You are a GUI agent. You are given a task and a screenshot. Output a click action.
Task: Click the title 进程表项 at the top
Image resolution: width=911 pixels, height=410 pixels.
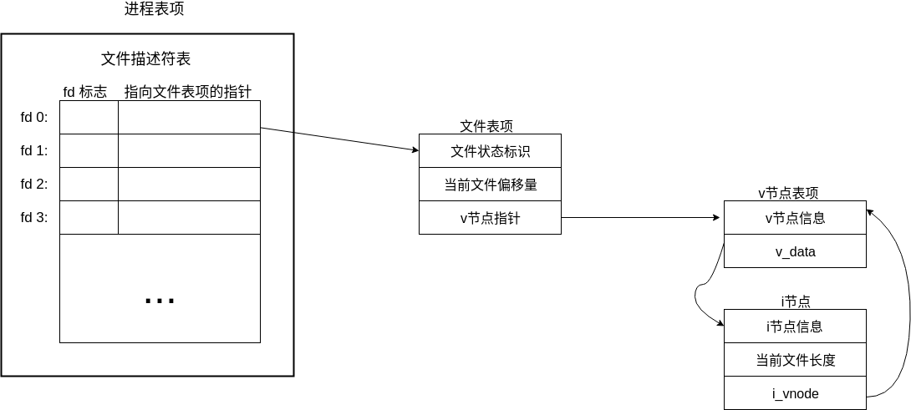[x=154, y=9]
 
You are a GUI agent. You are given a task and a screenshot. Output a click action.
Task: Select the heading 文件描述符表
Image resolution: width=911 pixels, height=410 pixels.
[x=146, y=59]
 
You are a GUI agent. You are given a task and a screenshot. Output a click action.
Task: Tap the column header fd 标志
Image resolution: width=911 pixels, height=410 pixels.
[x=85, y=92]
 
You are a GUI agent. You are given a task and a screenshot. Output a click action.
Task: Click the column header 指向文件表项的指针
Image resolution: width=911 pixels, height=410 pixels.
[x=188, y=92]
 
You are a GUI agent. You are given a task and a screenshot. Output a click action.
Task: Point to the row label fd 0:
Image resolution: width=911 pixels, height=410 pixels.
[x=34, y=118]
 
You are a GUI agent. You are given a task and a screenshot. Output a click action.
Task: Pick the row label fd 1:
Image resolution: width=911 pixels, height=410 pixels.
[x=34, y=151]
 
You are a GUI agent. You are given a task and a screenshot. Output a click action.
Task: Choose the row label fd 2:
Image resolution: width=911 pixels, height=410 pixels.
[x=34, y=185]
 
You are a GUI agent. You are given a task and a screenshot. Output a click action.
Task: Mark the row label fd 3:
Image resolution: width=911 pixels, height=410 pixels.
[x=34, y=218]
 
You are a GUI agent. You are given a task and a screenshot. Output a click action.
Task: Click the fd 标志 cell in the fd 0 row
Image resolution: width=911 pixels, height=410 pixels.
[x=89, y=118]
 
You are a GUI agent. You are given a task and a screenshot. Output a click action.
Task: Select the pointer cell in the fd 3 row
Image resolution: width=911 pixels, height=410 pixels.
[x=189, y=218]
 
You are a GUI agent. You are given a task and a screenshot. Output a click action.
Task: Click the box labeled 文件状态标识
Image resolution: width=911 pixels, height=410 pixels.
[x=490, y=151]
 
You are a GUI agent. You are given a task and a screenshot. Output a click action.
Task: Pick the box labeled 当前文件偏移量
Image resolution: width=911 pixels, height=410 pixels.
[x=490, y=185]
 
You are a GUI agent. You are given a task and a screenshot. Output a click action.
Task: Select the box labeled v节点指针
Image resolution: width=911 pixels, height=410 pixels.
[x=490, y=218]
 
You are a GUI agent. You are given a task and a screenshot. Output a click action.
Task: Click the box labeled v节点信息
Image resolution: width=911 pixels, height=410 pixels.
[x=795, y=218]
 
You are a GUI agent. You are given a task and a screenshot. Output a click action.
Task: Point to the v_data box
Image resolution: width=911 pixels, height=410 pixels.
[x=795, y=251]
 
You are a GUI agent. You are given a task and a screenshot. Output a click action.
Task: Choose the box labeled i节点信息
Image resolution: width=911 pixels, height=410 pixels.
[x=795, y=326]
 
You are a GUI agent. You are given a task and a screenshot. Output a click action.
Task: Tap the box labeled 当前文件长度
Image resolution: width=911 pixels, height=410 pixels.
[x=795, y=360]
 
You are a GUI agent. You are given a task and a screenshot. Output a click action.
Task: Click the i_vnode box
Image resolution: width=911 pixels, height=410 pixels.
[x=795, y=393]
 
